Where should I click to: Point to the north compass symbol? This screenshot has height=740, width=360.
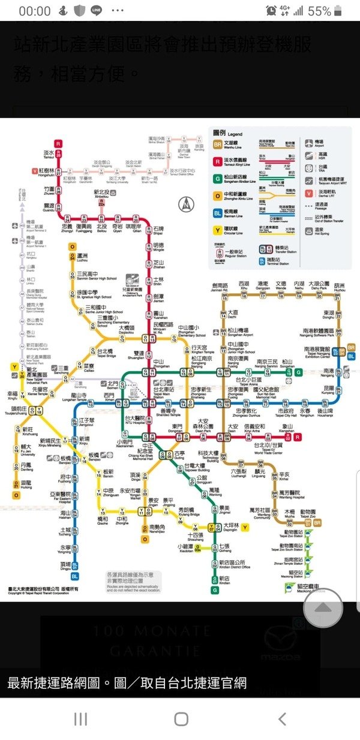(188, 204)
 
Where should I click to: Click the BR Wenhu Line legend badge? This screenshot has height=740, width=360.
(218, 145)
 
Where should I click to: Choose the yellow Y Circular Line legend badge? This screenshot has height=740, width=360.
(218, 228)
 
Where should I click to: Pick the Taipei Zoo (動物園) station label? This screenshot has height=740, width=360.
(308, 513)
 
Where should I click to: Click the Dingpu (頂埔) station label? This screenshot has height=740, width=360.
(65, 565)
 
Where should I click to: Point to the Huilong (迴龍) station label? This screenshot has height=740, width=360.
(26, 483)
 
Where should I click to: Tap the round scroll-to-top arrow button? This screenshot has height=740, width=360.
(323, 608)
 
